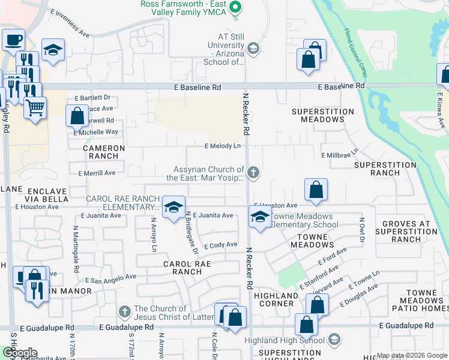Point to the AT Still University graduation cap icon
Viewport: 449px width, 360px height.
coord(253,49)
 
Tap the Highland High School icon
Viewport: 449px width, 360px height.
coord(334,340)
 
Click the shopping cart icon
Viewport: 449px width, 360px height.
coord(35,108)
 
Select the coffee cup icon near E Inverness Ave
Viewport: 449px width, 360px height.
coord(13,40)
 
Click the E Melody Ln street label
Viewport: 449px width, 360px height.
coord(223,146)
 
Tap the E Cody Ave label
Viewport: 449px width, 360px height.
coord(221,245)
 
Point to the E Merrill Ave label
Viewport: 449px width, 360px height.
coord(97,173)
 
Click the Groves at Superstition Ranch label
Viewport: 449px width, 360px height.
coord(406,232)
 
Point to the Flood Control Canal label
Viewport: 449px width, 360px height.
coord(355,44)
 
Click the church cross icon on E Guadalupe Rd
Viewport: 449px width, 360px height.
coord(124,311)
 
